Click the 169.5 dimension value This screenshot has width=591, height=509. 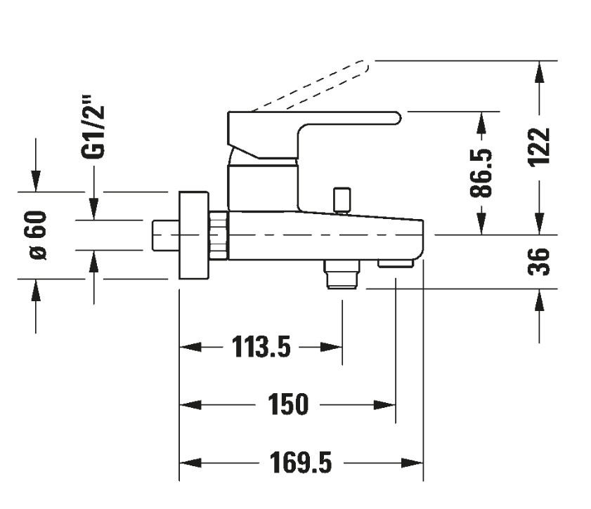(x=300, y=463)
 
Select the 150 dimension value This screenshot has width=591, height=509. (x=288, y=405)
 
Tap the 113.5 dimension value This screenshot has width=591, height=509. (x=261, y=347)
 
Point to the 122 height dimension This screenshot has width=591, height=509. (x=539, y=147)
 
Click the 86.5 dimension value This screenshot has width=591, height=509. (x=481, y=173)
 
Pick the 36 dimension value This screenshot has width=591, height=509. (x=539, y=261)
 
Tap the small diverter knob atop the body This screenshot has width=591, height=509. (x=342, y=199)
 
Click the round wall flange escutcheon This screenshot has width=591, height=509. (x=195, y=235)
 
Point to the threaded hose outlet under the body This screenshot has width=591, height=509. (x=342, y=273)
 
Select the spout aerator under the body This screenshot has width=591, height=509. (x=395, y=264)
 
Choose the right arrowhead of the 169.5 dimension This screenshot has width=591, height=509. (x=415, y=463)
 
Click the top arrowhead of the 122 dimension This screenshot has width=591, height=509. (x=539, y=70)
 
